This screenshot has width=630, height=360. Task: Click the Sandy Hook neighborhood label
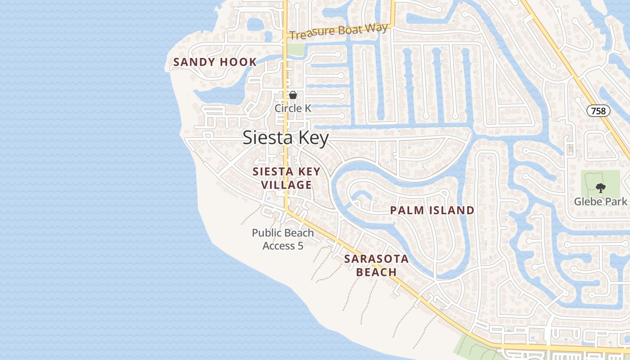[215, 62]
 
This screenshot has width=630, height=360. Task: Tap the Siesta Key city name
[286, 138]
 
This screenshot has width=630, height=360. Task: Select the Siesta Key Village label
[286, 178]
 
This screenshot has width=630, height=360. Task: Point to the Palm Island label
[432, 210]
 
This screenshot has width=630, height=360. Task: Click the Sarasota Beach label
[376, 265]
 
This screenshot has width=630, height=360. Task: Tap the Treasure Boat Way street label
[338, 31]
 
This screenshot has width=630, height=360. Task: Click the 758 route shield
[598, 110]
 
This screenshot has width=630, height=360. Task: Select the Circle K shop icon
[293, 95]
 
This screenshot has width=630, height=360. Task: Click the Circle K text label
[293, 108]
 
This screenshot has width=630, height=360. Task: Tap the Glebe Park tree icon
[600, 188]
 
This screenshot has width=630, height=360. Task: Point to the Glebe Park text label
[600, 201]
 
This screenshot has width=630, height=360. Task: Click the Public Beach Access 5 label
[283, 239]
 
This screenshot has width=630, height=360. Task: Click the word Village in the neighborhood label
[286, 185]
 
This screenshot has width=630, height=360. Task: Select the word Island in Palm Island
[452, 210]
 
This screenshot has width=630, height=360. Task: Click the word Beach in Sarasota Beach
[376, 272]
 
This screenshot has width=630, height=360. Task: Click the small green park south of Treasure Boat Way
[295, 49]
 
